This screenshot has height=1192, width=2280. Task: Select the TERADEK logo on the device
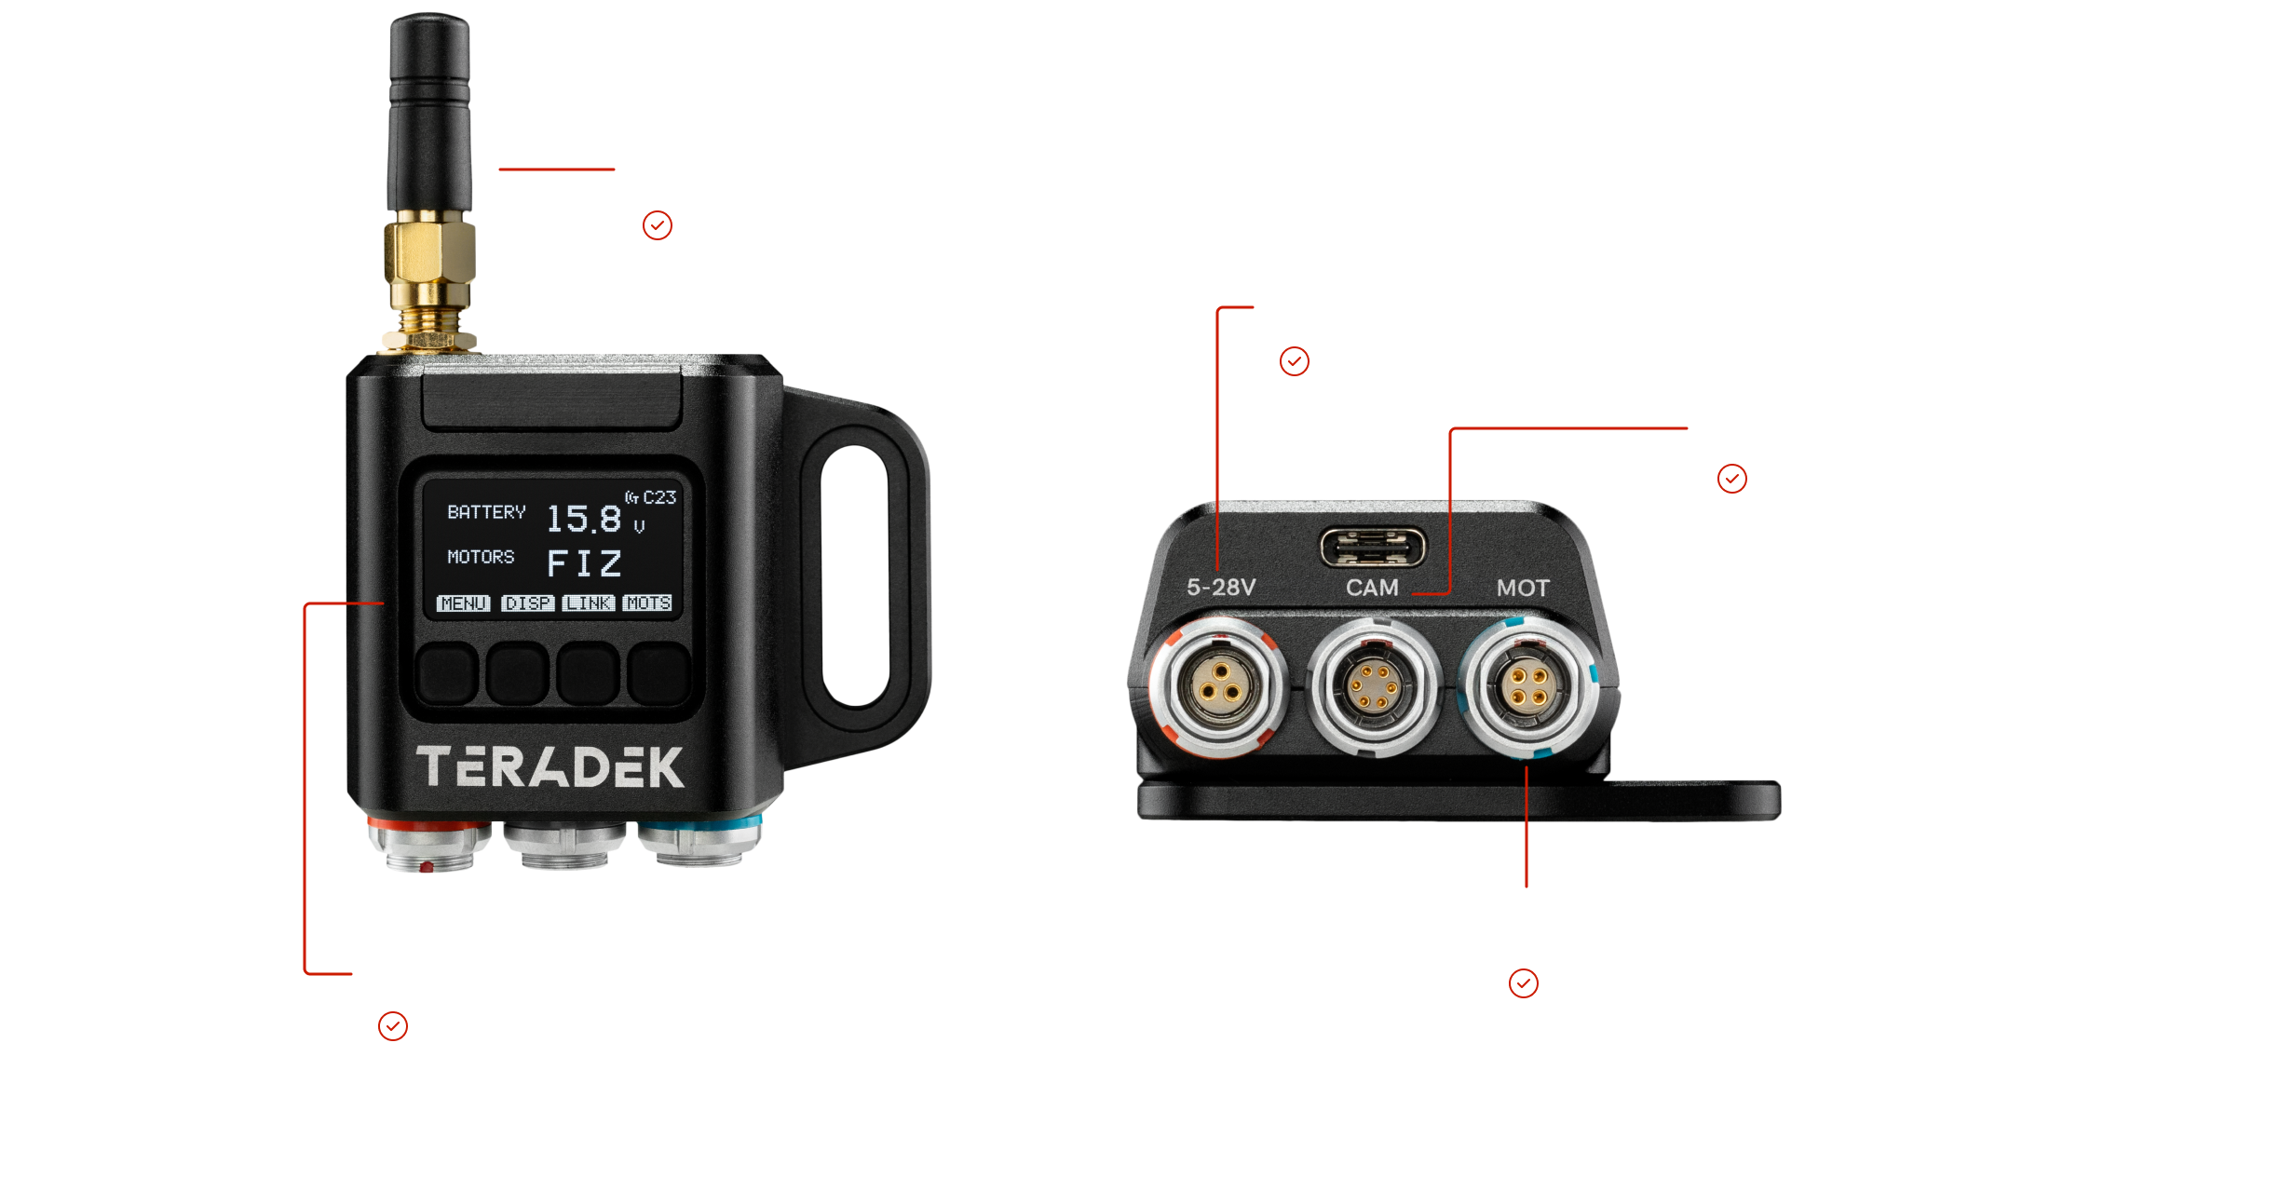(550, 766)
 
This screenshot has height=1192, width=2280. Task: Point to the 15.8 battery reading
(584, 519)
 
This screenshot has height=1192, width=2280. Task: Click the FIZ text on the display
(584, 563)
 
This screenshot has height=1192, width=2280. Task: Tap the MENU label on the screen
(464, 603)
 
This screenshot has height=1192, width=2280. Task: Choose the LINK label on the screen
(589, 603)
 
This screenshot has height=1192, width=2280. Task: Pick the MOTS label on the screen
(648, 603)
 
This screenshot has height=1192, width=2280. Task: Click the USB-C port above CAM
(1373, 547)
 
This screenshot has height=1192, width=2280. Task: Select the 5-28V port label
(1221, 587)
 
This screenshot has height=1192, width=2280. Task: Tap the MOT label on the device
(1523, 588)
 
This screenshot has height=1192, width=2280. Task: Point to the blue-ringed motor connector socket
(1528, 688)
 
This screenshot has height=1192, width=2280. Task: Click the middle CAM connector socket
(1373, 686)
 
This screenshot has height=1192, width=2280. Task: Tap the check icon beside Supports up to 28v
(1295, 361)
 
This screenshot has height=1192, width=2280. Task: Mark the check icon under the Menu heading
(393, 1027)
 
